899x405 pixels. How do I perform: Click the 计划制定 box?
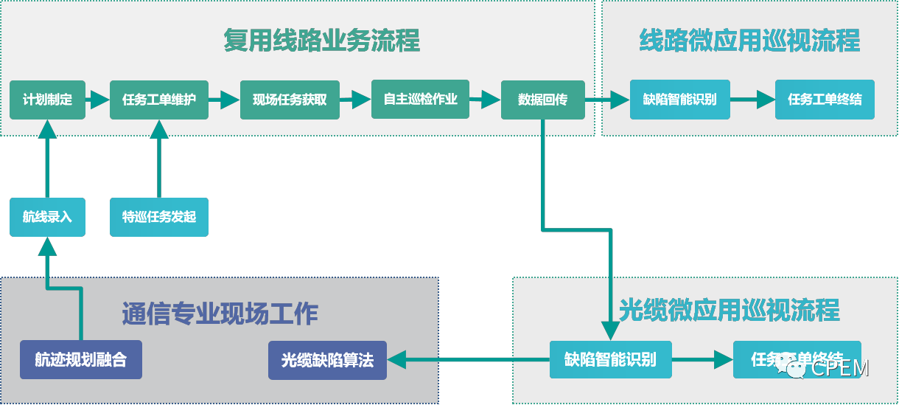tap(48, 100)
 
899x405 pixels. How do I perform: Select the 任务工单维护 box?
tap(159, 100)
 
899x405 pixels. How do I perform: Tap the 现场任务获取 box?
tap(290, 100)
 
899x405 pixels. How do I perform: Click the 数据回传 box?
tap(543, 100)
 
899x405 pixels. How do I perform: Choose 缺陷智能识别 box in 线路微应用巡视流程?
tap(679, 100)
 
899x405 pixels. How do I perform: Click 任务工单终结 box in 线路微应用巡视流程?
tap(825, 100)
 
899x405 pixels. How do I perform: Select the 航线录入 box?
tap(48, 217)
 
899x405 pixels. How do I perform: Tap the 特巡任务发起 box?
tap(159, 217)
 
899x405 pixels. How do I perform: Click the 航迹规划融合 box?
tap(81, 360)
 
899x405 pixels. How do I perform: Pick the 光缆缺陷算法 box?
tap(327, 360)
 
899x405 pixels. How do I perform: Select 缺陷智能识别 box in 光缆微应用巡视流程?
tap(611, 359)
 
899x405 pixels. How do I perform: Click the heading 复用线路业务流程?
tap(322, 41)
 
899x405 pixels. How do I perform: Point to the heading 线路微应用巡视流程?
tap(749, 41)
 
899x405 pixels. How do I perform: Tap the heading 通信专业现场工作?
tap(220, 314)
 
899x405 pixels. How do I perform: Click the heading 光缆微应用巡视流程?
tap(729, 310)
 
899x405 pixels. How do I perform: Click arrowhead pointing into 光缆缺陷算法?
tap(396, 360)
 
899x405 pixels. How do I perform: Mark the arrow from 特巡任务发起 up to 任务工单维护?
tap(159, 162)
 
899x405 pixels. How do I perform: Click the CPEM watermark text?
tap(839, 367)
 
